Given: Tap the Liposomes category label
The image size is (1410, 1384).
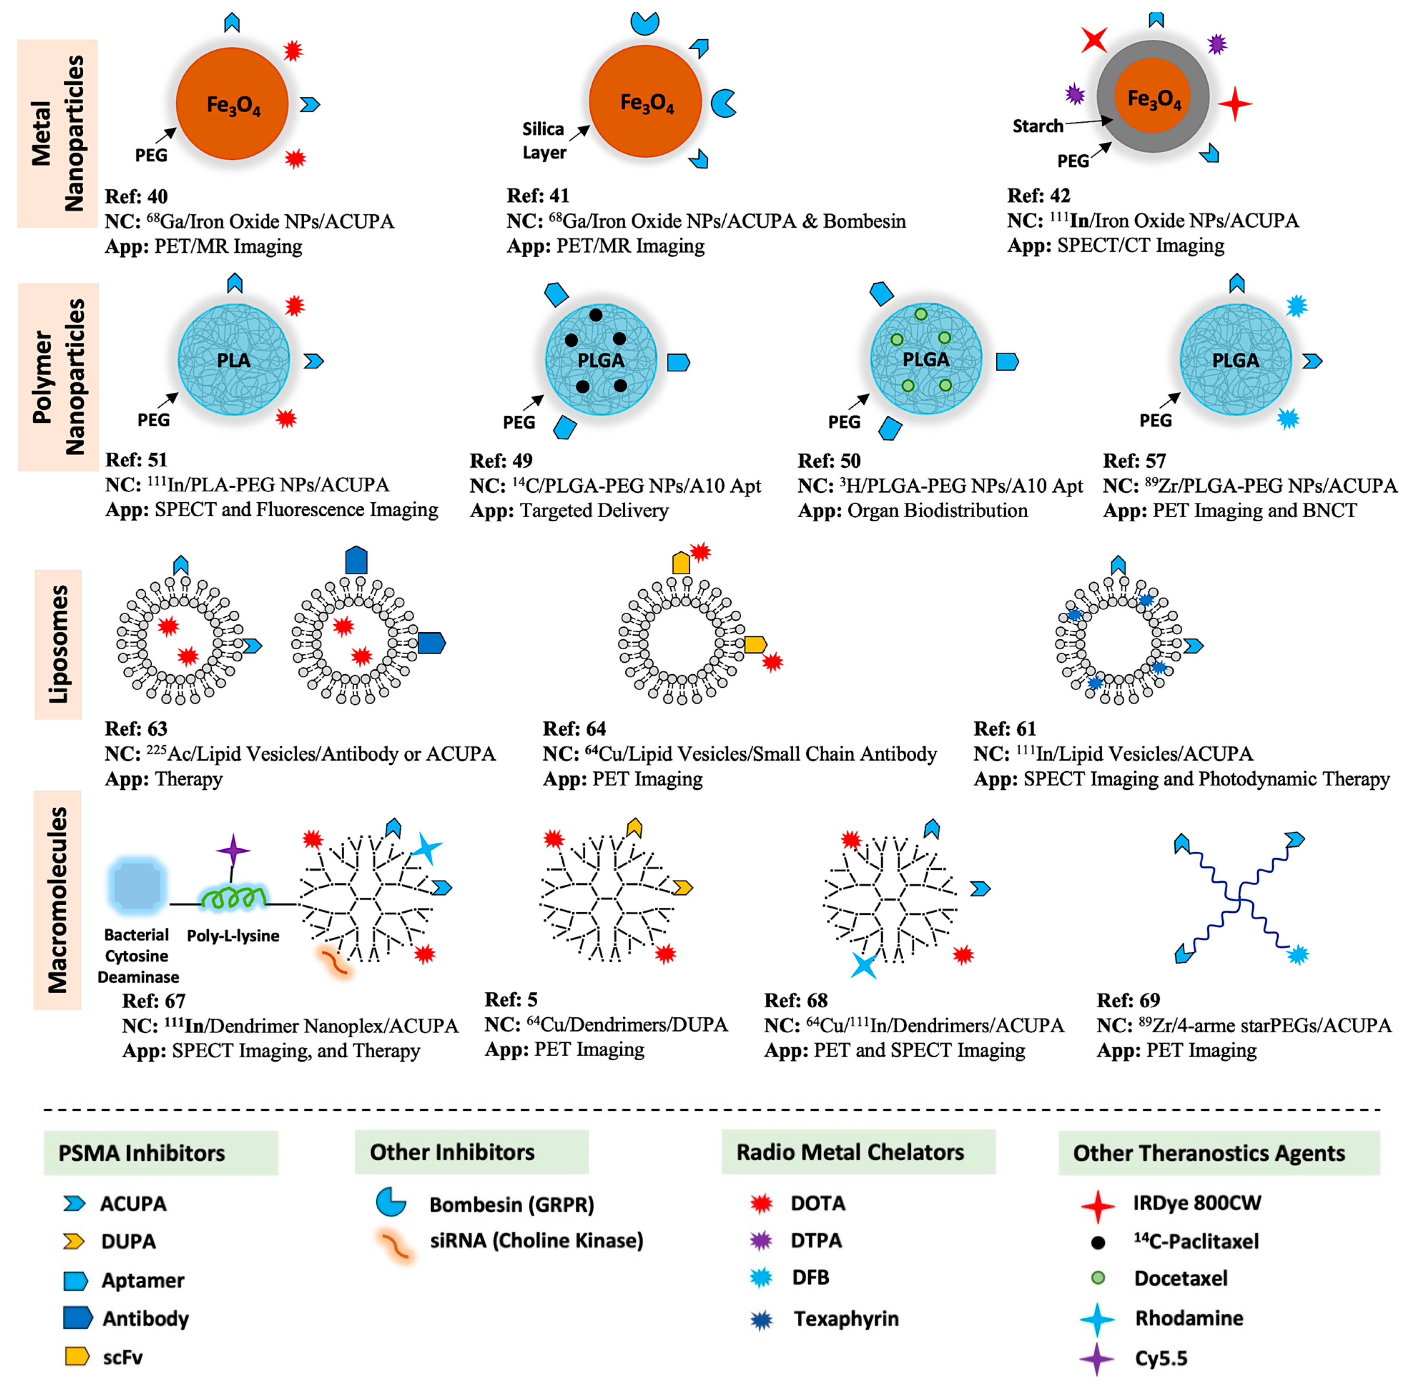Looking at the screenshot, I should (58, 644).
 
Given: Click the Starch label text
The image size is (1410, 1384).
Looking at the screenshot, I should (1038, 127).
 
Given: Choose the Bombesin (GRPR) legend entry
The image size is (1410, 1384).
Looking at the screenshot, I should (511, 1205).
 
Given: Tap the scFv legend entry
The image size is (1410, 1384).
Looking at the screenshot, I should (122, 1357).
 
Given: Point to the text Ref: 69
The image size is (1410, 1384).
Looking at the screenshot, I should (1128, 1000).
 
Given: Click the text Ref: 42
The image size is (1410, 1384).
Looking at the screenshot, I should (1039, 195).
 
